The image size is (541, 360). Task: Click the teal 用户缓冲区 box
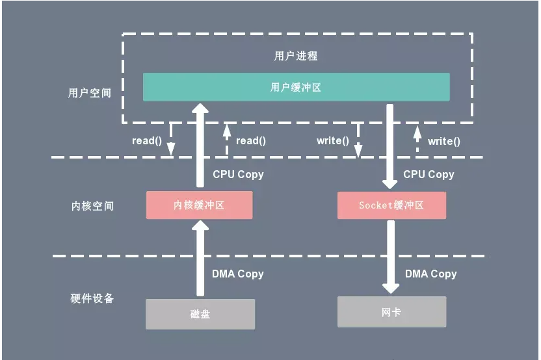coord(296,87)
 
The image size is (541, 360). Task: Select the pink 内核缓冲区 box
coord(199,205)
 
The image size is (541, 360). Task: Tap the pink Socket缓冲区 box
coord(391,205)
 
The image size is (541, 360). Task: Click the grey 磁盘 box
coord(200,314)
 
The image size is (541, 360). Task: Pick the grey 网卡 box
coord(391,312)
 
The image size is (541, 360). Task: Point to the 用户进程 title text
coord(296,56)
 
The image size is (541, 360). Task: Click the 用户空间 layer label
coord(90,93)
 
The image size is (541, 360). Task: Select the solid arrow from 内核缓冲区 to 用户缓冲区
coord(200,146)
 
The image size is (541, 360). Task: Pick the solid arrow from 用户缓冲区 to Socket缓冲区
coord(391,146)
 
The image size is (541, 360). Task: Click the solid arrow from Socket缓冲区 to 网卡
coord(391,257)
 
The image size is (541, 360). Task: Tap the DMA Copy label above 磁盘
coord(238,274)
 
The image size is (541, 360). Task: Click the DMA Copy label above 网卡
coord(430,274)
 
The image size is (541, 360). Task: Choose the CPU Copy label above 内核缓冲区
coord(238,174)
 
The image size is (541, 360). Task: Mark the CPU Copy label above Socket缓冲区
coord(429,174)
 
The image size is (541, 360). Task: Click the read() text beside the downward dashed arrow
coord(146,140)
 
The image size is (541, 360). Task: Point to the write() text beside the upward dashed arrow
coord(444,141)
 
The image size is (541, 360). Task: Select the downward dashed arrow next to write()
coord(358,140)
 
